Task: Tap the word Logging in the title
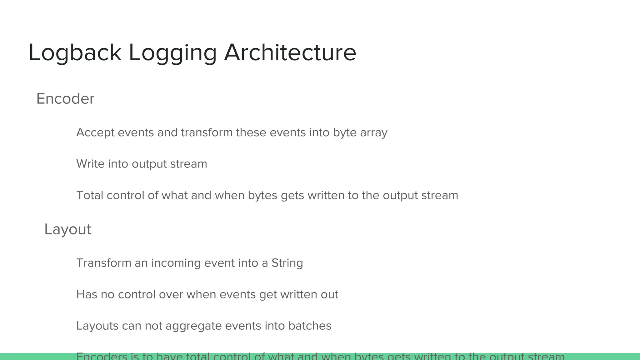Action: point(172,52)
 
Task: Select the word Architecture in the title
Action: point(290,52)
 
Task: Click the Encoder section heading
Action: point(65,99)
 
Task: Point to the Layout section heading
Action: point(68,229)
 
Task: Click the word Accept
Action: point(95,132)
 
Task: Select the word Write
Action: point(90,164)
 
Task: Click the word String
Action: point(287,263)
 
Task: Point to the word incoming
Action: point(176,263)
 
